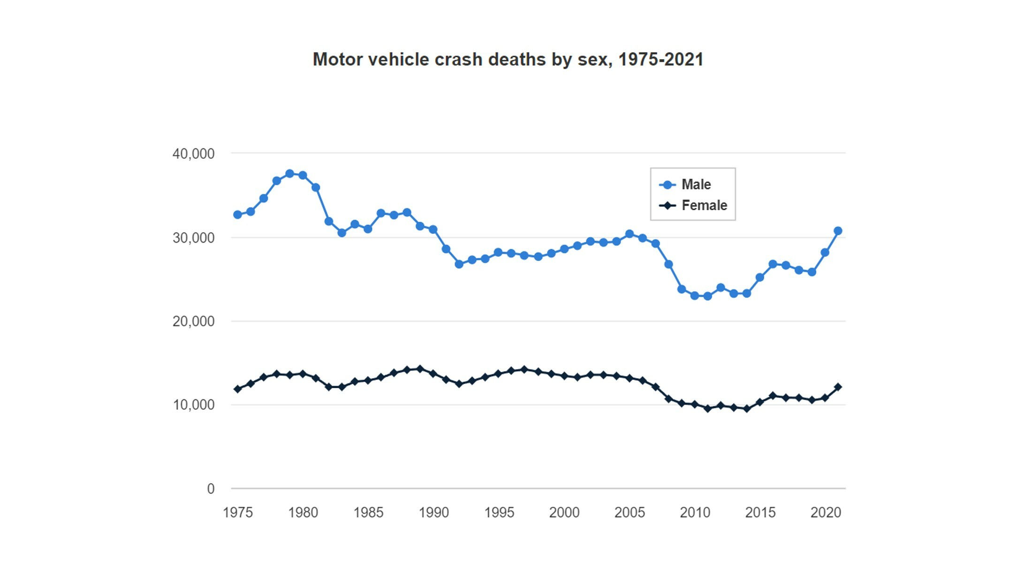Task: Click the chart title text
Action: click(508, 60)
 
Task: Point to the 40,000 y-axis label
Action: click(193, 153)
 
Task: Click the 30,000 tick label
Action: click(193, 238)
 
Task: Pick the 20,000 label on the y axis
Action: click(193, 321)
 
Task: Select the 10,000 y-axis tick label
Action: click(193, 405)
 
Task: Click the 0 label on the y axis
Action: click(211, 489)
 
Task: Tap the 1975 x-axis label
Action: click(238, 512)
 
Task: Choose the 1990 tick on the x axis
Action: click(433, 512)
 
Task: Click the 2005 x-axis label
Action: click(630, 512)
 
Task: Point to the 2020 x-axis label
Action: click(826, 512)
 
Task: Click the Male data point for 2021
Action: click(838, 231)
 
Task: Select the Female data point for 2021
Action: click(838, 387)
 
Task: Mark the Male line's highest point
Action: click(290, 174)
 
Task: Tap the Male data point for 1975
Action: click(238, 214)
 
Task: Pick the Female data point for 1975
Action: click(238, 389)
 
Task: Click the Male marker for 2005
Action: click(630, 234)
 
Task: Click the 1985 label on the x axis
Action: click(368, 512)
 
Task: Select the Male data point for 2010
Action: click(695, 296)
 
